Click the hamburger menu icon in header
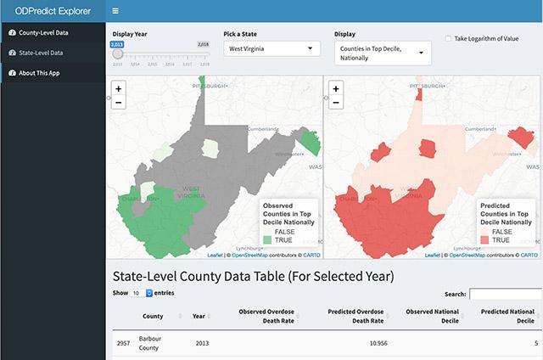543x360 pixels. point(115,11)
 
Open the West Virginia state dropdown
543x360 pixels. point(271,49)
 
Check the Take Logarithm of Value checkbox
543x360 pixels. point(449,39)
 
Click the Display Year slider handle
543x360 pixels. point(117,53)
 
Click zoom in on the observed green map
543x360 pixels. point(118,87)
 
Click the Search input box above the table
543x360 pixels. point(506,295)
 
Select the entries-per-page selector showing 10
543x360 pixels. point(142,292)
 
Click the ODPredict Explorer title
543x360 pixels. point(53,11)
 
